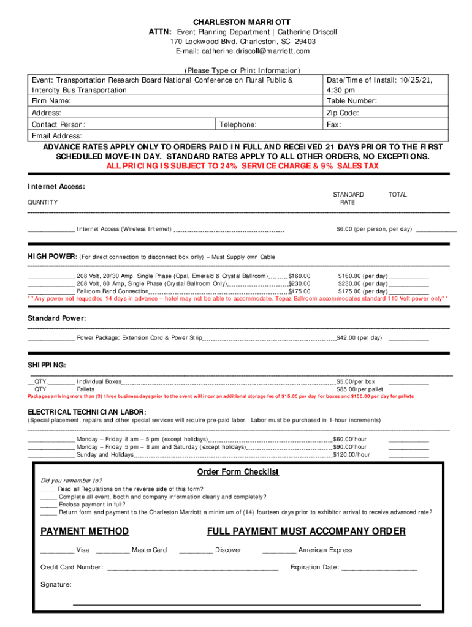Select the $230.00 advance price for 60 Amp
pos(300,284)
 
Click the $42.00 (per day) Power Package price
pos(359,338)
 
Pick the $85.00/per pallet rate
pos(360,389)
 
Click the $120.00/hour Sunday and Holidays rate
pos(351,455)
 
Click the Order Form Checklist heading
pos(238,472)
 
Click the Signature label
pos(56,585)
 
